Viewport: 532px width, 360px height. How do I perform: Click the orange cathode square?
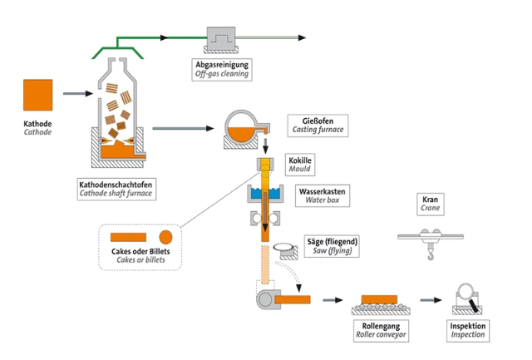37,96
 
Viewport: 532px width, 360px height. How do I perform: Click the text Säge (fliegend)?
330,241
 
